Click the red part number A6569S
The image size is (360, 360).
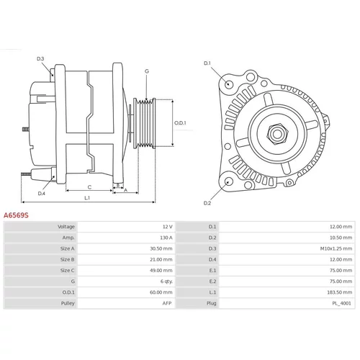(x=16, y=215)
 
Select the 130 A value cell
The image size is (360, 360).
(x=166, y=238)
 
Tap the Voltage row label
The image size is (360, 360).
(x=66, y=227)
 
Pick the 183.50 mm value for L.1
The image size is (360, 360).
(x=339, y=292)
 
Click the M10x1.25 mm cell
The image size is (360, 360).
(x=336, y=248)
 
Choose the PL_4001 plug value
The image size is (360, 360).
(x=341, y=303)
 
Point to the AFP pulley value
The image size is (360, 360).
(x=167, y=303)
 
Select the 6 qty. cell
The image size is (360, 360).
(x=166, y=282)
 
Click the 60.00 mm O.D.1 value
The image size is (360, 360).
(x=161, y=292)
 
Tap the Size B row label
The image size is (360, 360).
(x=68, y=259)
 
